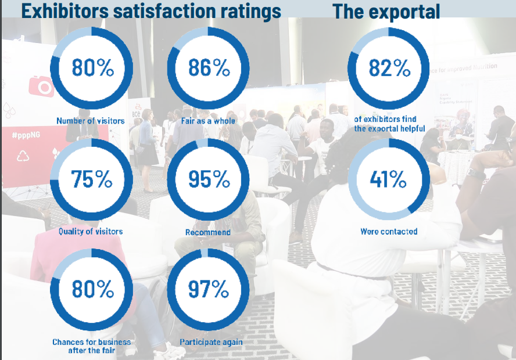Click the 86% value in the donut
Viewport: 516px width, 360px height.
point(209,68)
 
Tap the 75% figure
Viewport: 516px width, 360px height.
point(92,179)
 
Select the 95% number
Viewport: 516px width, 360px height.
point(209,179)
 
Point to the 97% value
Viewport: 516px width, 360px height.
point(209,289)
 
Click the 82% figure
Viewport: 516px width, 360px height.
point(389,68)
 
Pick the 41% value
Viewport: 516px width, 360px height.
point(389,179)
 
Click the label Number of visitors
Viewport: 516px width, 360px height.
point(90,121)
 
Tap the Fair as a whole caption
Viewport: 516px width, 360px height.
point(208,121)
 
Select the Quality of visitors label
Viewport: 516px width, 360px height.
point(91,231)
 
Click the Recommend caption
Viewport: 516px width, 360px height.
point(208,232)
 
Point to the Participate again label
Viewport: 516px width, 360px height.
point(211,342)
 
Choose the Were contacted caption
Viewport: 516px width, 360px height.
point(389,231)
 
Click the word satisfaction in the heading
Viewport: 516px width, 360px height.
point(181,10)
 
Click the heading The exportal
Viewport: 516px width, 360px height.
point(386,10)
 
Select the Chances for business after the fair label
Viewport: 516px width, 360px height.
point(91,346)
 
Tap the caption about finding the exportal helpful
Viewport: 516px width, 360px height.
point(389,124)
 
